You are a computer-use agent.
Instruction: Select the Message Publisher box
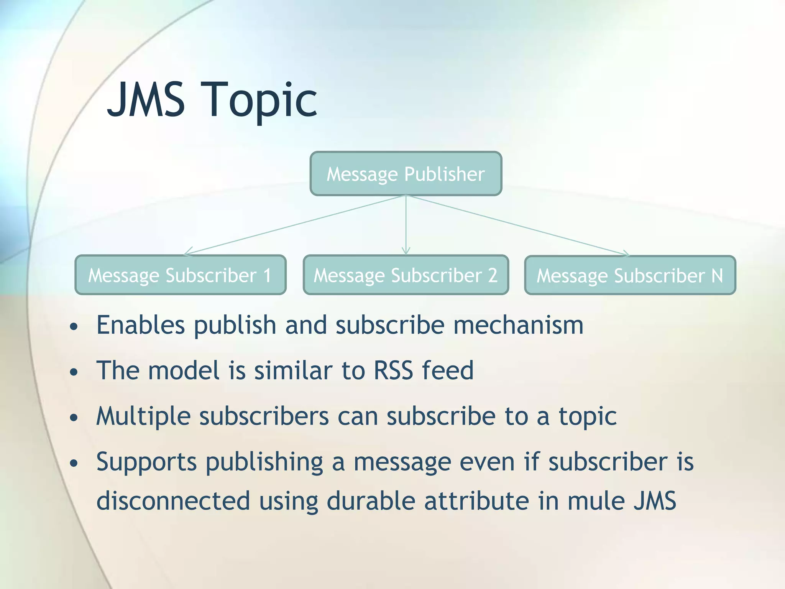tap(406, 174)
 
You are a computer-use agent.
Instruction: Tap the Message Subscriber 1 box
tap(180, 275)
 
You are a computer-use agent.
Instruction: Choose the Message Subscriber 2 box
tap(406, 275)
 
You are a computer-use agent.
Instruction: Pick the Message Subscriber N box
tap(630, 275)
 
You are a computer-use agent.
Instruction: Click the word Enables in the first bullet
tap(140, 325)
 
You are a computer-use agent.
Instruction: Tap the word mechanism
tap(518, 325)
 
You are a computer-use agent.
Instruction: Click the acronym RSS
tap(393, 370)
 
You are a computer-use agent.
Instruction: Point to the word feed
tap(448, 370)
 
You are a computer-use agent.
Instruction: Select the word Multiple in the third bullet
tap(143, 416)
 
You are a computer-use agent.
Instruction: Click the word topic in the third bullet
tap(588, 416)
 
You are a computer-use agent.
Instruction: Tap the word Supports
tap(146, 462)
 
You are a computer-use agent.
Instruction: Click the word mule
tap(596, 501)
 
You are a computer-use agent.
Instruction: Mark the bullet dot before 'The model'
tap(74, 372)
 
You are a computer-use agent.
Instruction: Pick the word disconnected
tap(173, 501)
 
